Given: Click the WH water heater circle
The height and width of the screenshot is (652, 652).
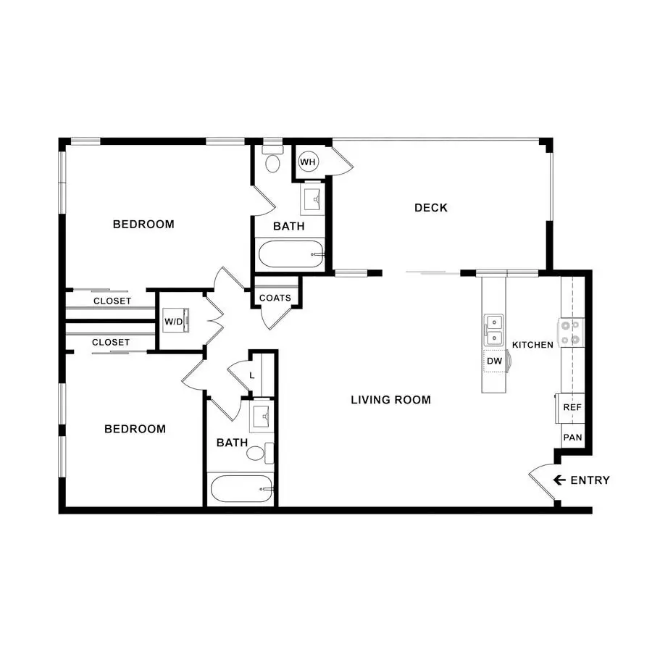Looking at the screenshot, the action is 308,162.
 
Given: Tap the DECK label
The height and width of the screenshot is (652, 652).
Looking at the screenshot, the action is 431,207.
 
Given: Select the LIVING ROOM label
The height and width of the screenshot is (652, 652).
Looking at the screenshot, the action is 391,400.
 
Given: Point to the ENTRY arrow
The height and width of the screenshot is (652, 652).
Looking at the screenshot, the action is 559,480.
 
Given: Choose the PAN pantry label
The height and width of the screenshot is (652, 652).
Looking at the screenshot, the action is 572,438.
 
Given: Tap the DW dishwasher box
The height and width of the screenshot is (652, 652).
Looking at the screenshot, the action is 495,361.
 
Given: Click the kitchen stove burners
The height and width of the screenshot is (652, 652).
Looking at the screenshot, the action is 571,333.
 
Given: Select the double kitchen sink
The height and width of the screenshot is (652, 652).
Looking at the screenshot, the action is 493,330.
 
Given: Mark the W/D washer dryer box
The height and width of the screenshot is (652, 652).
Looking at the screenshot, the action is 175,321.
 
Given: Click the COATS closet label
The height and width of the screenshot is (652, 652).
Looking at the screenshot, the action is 275,298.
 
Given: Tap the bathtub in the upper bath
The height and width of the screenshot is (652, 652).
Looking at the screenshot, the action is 291,254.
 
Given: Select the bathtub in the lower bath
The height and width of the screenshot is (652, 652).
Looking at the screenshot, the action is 241,488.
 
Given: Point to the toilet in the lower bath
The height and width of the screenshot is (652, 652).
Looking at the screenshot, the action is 260,453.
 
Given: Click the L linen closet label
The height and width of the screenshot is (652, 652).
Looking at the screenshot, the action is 252,375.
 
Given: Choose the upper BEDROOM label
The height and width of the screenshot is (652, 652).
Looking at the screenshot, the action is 143,224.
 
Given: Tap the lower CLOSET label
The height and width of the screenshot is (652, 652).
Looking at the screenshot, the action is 111,342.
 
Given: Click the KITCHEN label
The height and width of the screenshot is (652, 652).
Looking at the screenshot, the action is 532,345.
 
